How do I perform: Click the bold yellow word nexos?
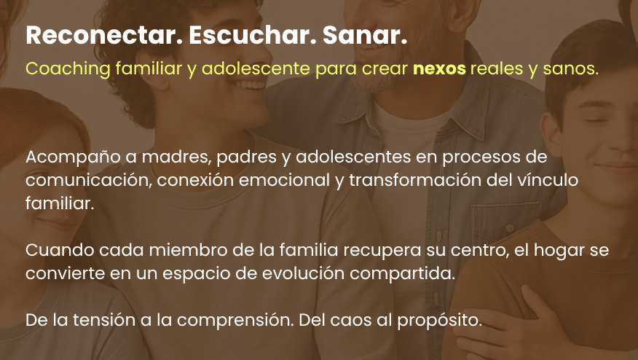point(439,69)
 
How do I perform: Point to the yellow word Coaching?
point(68,69)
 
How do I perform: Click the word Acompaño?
point(74,157)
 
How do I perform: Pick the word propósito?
point(439,321)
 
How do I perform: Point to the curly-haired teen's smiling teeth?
point(248,85)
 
